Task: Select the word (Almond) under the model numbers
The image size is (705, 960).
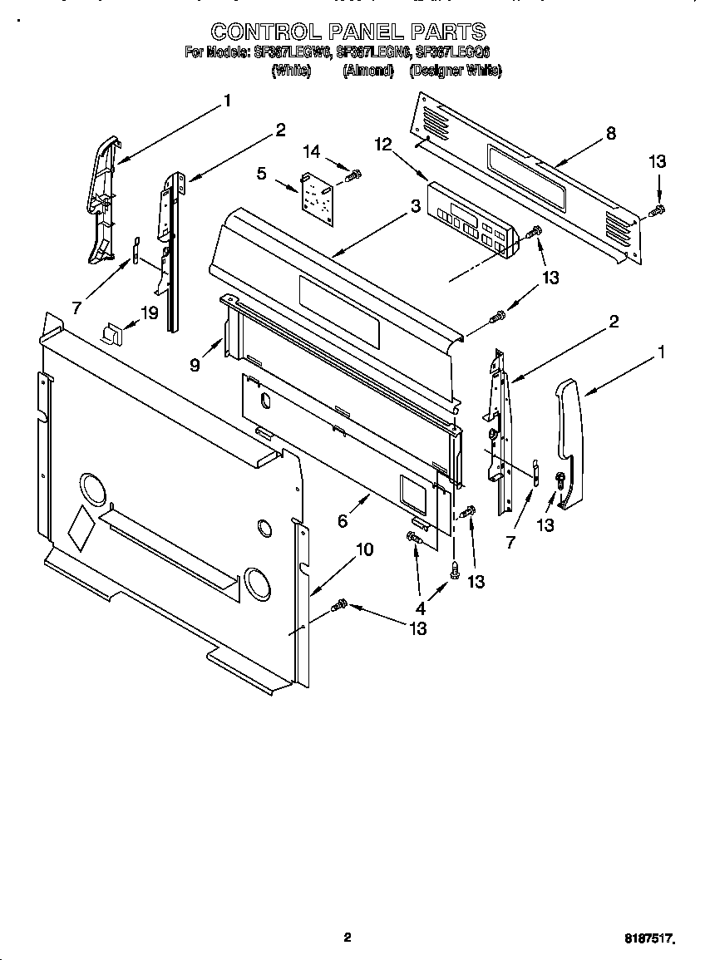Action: [368, 71]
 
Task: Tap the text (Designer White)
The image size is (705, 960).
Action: [455, 71]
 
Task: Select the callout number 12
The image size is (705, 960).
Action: [382, 145]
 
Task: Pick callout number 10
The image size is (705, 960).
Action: [364, 549]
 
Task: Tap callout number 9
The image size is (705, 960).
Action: [195, 364]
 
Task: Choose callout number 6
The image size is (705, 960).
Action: [343, 521]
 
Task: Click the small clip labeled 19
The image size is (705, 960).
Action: [111, 333]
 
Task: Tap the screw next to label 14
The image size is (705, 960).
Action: [354, 175]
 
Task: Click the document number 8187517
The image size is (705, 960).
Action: [648, 938]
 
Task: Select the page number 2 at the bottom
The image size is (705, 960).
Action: [348, 938]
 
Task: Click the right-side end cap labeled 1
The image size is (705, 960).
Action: [569, 441]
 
